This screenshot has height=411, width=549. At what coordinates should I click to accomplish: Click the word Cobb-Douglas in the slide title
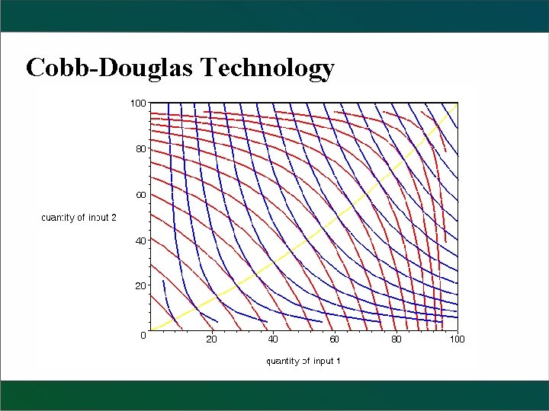[110, 68]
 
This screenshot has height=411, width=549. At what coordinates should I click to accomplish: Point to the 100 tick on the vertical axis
[137, 102]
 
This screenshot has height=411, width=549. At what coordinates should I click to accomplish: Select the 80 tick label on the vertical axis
[140, 148]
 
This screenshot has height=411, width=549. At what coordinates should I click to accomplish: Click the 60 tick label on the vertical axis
[140, 195]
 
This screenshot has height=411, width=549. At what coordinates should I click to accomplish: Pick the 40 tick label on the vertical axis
[140, 241]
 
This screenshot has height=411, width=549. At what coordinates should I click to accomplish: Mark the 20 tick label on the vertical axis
[140, 286]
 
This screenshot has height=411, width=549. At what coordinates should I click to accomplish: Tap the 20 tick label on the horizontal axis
[211, 339]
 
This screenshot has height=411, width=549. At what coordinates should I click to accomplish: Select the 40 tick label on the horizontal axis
[273, 339]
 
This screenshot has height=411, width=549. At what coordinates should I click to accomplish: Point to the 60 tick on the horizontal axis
[334, 339]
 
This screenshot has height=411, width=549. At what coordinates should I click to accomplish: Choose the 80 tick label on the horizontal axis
[396, 339]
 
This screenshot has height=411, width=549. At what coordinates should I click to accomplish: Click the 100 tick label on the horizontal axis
[456, 339]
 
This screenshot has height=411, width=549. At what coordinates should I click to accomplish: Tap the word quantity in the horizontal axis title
[282, 361]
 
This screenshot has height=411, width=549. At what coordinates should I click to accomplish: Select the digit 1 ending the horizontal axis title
[337, 361]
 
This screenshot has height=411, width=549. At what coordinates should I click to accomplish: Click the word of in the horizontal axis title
[306, 361]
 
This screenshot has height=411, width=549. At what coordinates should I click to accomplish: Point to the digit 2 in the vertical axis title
[114, 218]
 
